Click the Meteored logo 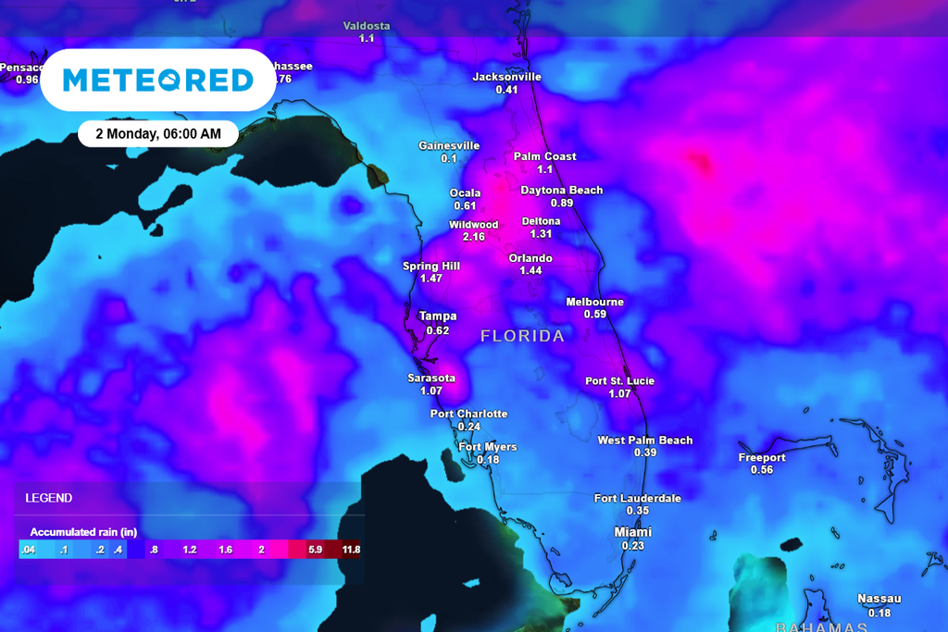[157, 81]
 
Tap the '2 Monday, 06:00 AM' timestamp [157, 133]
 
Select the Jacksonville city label [506, 77]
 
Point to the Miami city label [633, 532]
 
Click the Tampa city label [438, 316]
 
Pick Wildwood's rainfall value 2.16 [473, 237]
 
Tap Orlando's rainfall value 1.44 [530, 270]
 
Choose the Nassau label [879, 599]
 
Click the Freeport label [762, 458]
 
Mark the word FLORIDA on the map [522, 336]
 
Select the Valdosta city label [367, 26]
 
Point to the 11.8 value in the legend [351, 550]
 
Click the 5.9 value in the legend [315, 550]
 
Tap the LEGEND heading [49, 498]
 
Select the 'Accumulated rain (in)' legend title [83, 532]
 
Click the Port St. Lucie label [619, 381]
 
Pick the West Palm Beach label [645, 440]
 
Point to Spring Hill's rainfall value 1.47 [431, 279]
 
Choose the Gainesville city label [449, 146]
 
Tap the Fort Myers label [488, 448]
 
